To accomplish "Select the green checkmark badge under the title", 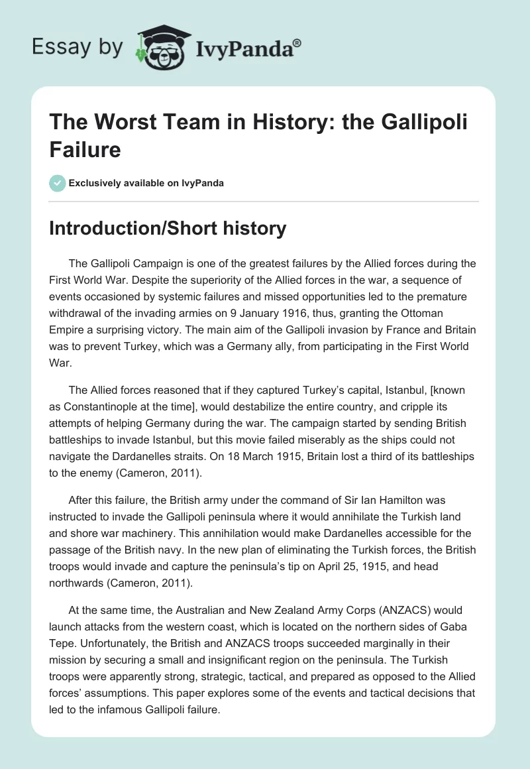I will tap(58, 183).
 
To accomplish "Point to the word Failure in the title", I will tap(85, 150).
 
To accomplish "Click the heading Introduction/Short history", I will tap(168, 229).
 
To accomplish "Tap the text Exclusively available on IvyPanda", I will tap(147, 183).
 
